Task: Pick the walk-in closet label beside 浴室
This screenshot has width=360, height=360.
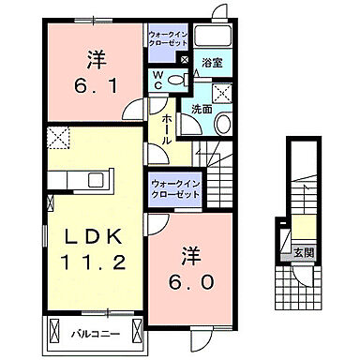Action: click(169, 38)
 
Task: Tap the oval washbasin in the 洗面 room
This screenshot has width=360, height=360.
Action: click(224, 124)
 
